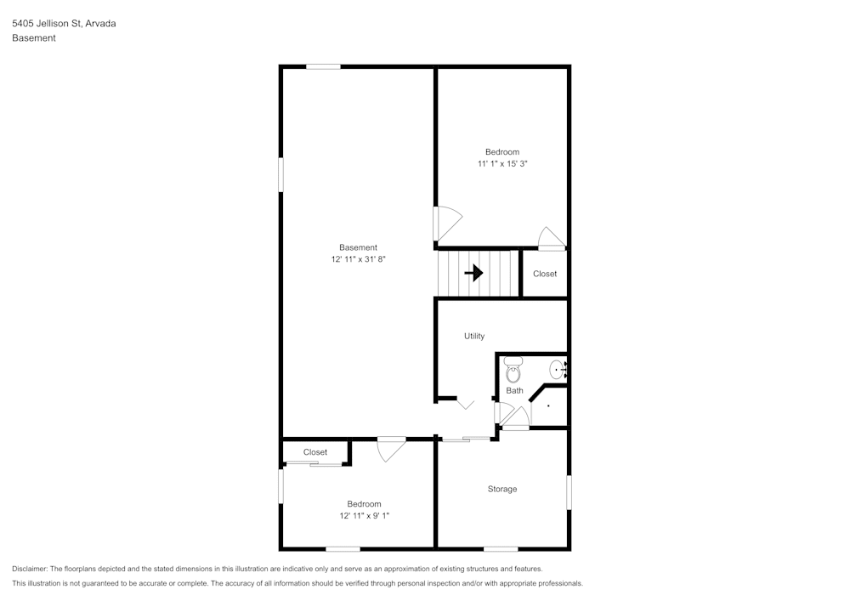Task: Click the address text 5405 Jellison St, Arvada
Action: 64,24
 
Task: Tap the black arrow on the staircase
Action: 473,273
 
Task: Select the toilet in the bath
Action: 513,371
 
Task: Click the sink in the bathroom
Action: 557,369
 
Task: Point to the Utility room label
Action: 474,336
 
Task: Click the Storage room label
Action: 501,489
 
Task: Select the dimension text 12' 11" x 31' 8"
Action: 358,259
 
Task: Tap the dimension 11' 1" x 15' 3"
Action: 501,163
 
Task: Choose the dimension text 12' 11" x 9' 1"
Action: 364,515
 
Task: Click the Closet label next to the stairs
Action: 545,274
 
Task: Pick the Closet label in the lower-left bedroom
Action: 314,452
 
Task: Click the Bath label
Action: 514,391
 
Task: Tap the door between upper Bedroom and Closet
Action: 552,238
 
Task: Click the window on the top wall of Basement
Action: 323,66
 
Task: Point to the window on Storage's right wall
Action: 569,492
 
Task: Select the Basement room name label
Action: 358,247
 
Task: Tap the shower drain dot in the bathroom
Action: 548,406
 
